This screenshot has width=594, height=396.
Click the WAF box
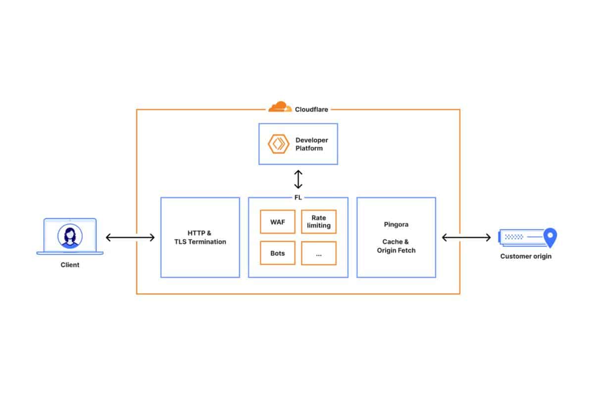tap(277, 222)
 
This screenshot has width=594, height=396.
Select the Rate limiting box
tap(318, 222)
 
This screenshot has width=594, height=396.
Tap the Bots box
tap(277, 253)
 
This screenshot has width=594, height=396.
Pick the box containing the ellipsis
tap(318, 253)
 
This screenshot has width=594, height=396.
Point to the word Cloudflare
tap(311, 109)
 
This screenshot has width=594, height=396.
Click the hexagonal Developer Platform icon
tap(278, 144)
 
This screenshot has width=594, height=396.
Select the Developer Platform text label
tap(312, 144)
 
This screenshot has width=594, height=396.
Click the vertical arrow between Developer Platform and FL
tap(298, 180)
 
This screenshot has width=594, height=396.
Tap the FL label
tap(298, 198)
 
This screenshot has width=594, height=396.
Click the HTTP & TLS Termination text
tap(200, 238)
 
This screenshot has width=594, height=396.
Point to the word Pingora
tap(396, 224)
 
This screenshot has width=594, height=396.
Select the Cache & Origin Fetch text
tap(396, 246)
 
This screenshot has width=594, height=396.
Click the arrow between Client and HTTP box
tap(130, 238)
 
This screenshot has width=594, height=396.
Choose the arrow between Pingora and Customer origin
tap(466, 238)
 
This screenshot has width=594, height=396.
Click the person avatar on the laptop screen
tap(70, 236)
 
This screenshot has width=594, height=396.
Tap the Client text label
tap(70, 265)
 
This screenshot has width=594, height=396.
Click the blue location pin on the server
tap(550, 237)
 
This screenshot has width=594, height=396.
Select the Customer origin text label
tap(526, 256)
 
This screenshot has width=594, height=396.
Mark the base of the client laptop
tap(70, 253)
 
